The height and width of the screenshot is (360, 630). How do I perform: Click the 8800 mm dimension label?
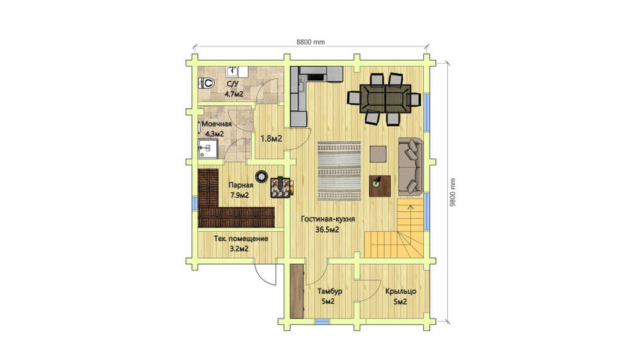click(311, 42)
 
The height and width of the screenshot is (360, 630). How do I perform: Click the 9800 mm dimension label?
click(452, 192)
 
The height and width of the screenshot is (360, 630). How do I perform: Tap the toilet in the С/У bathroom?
click(206, 83)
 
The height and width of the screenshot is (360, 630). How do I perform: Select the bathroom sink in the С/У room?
click(232, 72)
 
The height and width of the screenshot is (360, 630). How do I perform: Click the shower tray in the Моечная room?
click(208, 149)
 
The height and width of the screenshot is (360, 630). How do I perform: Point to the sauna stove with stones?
click(280, 187)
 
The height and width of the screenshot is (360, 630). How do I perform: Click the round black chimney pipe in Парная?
click(261, 176)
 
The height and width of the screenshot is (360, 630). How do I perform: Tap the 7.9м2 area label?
click(239, 195)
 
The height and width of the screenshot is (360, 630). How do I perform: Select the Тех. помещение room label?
click(241, 238)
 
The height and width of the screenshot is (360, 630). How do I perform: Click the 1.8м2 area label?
click(271, 139)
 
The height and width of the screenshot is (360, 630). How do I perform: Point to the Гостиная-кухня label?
click(328, 219)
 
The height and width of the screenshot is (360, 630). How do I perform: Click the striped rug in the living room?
click(339, 171)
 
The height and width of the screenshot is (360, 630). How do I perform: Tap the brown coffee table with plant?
click(380, 186)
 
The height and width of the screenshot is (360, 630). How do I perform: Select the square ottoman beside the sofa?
click(378, 154)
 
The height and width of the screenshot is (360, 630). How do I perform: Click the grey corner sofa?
click(411, 166)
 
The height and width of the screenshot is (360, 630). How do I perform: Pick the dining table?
click(386, 99)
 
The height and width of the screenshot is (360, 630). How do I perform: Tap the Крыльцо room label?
click(401, 291)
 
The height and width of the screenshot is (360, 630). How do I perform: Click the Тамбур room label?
click(330, 291)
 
